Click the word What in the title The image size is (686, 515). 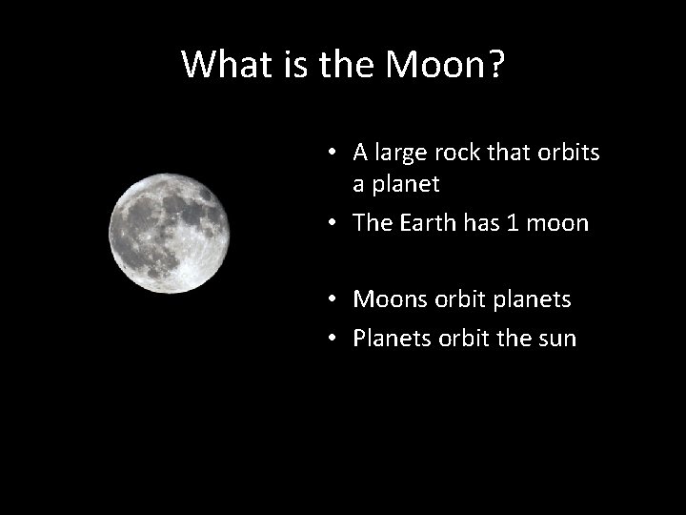(x=225, y=65)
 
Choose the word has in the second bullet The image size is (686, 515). (x=484, y=223)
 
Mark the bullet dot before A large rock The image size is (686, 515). (x=327, y=154)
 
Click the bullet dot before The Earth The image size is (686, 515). (x=327, y=224)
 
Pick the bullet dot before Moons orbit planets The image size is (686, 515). (x=327, y=300)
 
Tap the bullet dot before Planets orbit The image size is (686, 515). (x=327, y=340)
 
